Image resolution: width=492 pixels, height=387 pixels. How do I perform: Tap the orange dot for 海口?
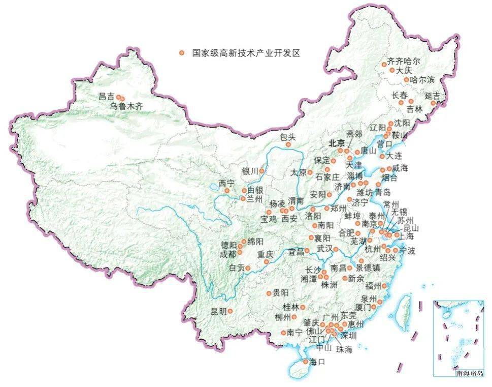pyautogui.click(x=305, y=362)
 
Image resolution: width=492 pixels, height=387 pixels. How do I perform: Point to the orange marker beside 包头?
pyautogui.click(x=288, y=145)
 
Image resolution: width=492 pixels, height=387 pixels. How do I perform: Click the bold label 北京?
pyautogui.click(x=336, y=143)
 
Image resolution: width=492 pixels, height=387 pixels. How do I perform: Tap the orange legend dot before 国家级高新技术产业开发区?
pyautogui.click(x=181, y=52)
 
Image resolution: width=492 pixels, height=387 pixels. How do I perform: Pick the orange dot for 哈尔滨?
pyautogui.click(x=406, y=80)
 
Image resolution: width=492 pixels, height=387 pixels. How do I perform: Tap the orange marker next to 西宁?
pyautogui.click(x=227, y=191)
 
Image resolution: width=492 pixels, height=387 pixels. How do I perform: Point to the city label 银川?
pyautogui.click(x=250, y=171)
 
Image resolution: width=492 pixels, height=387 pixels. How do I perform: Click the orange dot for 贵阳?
pyautogui.click(x=269, y=293)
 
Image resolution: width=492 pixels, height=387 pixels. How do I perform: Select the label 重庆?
pyautogui.click(x=265, y=254)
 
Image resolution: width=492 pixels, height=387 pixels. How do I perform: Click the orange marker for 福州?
pyautogui.click(x=384, y=286)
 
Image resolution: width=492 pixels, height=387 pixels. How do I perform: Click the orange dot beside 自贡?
pyautogui.click(x=249, y=267)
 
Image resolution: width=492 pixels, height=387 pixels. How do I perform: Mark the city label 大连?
pyautogui.click(x=393, y=157)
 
